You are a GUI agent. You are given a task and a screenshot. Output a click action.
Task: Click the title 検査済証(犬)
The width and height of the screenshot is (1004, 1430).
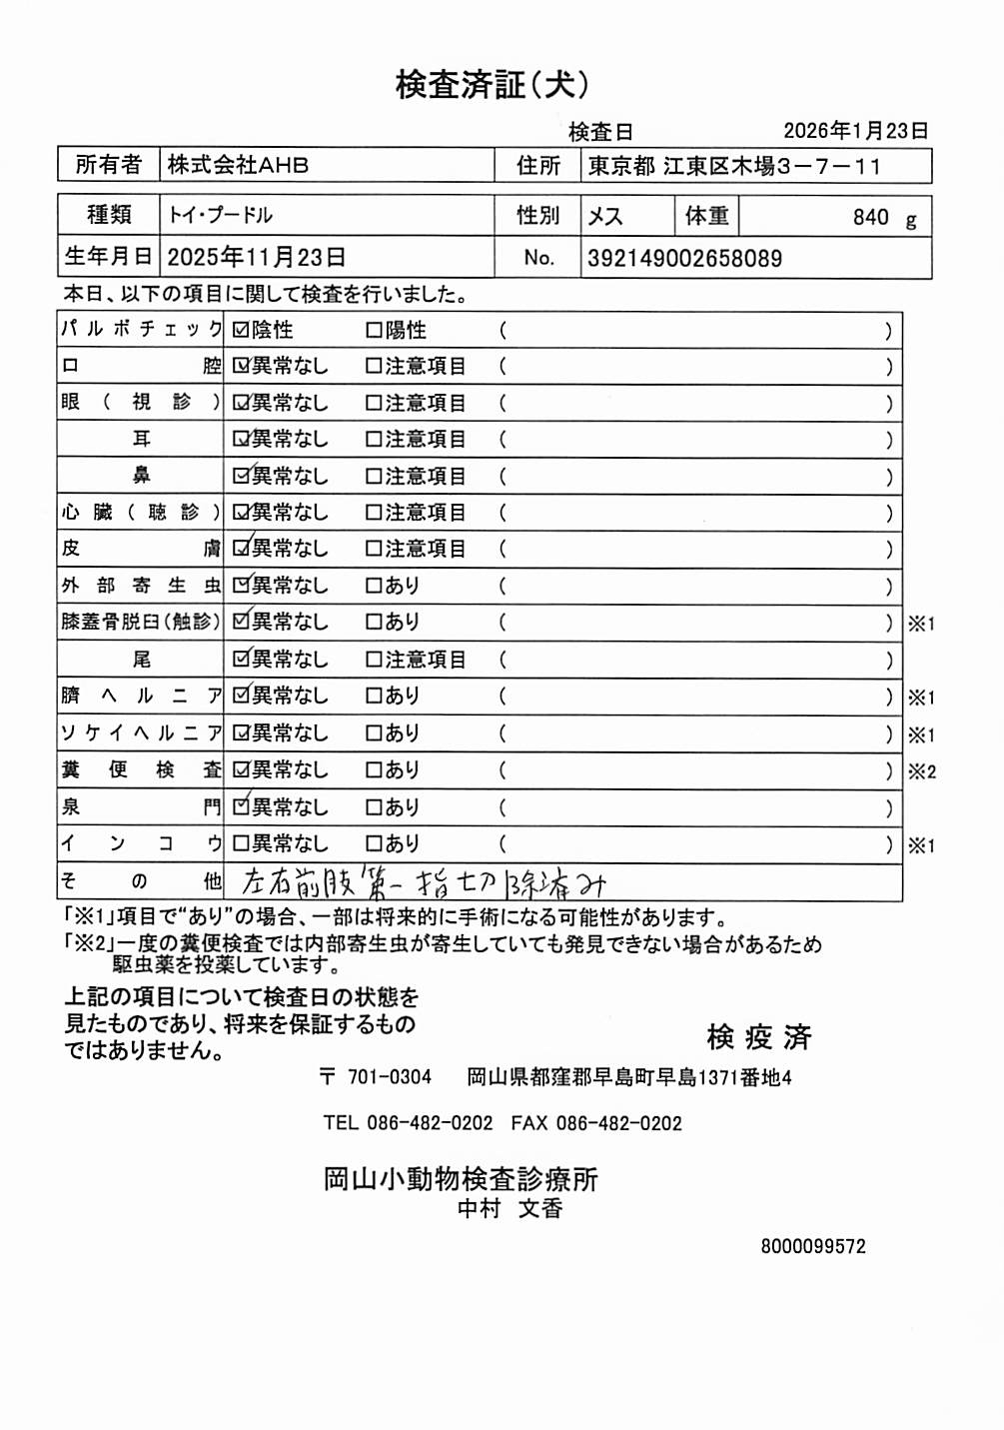[x=492, y=85]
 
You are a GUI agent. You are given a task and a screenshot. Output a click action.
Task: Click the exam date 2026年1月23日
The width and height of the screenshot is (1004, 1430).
[x=855, y=131]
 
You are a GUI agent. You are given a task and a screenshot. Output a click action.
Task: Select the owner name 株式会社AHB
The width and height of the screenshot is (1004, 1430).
[x=238, y=165]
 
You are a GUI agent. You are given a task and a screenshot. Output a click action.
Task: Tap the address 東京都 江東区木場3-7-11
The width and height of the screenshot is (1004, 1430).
[x=734, y=166]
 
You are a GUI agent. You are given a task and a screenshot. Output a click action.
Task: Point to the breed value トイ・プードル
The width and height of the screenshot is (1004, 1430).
[x=220, y=215]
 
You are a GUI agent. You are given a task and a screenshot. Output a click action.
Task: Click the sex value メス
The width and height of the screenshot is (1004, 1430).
[x=605, y=216]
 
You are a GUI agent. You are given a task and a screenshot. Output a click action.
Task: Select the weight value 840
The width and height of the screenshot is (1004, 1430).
[x=870, y=217]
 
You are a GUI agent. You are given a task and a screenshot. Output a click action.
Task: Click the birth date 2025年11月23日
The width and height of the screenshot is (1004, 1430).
[x=256, y=258]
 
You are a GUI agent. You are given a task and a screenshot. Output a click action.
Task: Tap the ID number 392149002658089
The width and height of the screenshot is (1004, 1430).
[x=684, y=259]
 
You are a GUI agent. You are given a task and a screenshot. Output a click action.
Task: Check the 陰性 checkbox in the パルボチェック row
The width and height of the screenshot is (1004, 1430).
[x=241, y=330]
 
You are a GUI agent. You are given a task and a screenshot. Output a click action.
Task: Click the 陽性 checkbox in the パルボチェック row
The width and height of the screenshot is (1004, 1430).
[x=374, y=330]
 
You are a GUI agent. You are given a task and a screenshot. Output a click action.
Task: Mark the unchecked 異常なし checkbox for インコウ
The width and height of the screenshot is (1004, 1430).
[x=241, y=843]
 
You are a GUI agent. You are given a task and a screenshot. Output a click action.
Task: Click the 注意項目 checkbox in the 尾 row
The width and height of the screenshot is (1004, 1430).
[x=374, y=660]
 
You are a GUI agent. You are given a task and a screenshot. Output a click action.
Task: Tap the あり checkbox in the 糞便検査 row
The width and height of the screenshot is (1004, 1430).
[x=374, y=770]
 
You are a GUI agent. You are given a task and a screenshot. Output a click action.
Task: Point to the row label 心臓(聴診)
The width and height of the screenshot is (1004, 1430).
[x=140, y=513]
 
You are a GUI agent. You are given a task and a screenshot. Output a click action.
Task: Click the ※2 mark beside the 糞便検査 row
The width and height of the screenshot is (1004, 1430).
[x=921, y=771]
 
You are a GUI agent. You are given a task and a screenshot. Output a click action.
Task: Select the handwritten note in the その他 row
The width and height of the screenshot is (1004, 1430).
[x=424, y=882]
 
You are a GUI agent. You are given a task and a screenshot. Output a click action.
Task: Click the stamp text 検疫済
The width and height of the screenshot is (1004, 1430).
[x=758, y=1037]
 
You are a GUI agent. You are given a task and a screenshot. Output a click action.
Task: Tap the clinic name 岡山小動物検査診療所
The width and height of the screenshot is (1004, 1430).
[x=461, y=1179]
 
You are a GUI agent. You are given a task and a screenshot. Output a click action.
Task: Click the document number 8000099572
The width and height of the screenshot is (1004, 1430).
[x=813, y=1246]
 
